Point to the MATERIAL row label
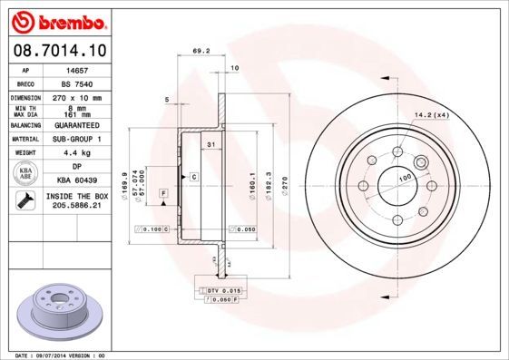pyautogui.click(x=24, y=139)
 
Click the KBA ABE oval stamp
pyautogui.click(x=24, y=174)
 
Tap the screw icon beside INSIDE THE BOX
pyautogui.click(x=24, y=200)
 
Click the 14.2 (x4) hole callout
pyautogui.click(x=432, y=114)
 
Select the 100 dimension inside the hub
pyautogui.click(x=406, y=176)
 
